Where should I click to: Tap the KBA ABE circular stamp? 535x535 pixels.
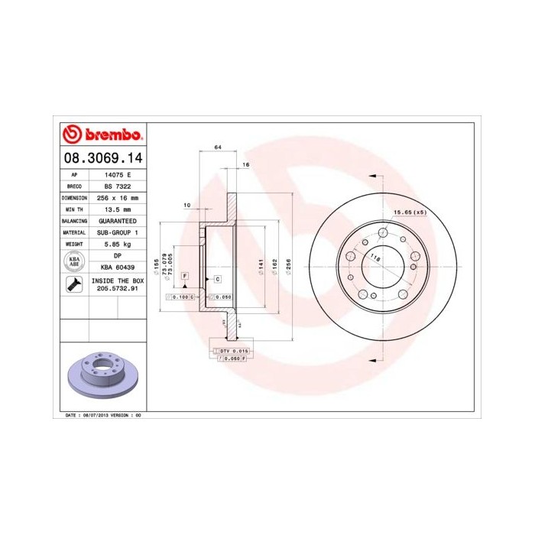[x=74, y=261]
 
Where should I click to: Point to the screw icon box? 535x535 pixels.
[x=74, y=286]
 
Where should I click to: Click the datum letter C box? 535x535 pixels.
[x=218, y=279]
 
